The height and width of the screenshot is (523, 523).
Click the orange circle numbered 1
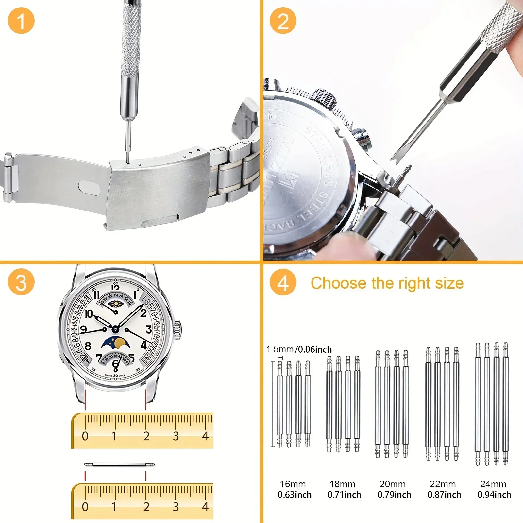pyautogui.click(x=21, y=21)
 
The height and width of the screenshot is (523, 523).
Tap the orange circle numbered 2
pyautogui.click(x=283, y=21)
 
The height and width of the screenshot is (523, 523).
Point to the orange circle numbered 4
pyautogui.click(x=283, y=282)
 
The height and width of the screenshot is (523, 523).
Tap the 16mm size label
pyautogui.click(x=293, y=484)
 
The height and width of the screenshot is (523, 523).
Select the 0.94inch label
pyautogui.click(x=494, y=495)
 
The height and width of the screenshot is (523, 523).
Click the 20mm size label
pyautogui.click(x=392, y=484)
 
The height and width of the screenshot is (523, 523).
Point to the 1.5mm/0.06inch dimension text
pyautogui.click(x=299, y=349)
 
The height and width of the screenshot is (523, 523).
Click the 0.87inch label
pyautogui.click(x=444, y=495)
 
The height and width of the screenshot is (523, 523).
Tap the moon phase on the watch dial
pyautogui.click(x=116, y=343)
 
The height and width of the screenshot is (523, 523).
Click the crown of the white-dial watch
pyautogui.click(x=177, y=329)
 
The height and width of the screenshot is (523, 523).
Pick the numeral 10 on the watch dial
pyautogui.click(x=89, y=314)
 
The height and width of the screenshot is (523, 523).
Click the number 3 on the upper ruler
pyautogui.click(x=176, y=436)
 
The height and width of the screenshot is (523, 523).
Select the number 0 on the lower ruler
pyautogui.click(x=85, y=507)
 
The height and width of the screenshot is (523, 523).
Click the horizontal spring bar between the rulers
pyautogui.click(x=119, y=464)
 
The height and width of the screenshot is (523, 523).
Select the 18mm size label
pyautogui.click(x=342, y=484)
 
